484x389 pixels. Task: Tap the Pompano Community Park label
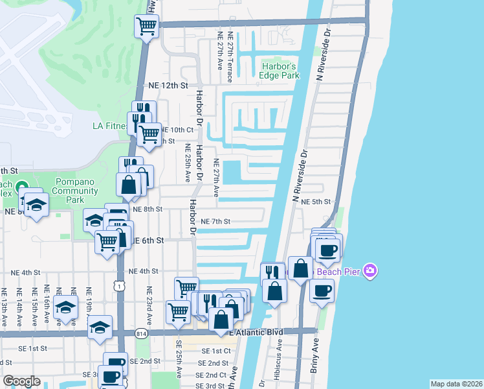click(76, 191)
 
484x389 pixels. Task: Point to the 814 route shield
click(140, 333)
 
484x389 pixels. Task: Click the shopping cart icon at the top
click(147, 26)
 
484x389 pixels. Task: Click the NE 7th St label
click(215, 222)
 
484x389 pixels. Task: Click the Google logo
click(21, 381)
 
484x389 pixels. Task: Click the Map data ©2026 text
click(456, 383)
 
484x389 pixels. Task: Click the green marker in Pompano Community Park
click(22, 186)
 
